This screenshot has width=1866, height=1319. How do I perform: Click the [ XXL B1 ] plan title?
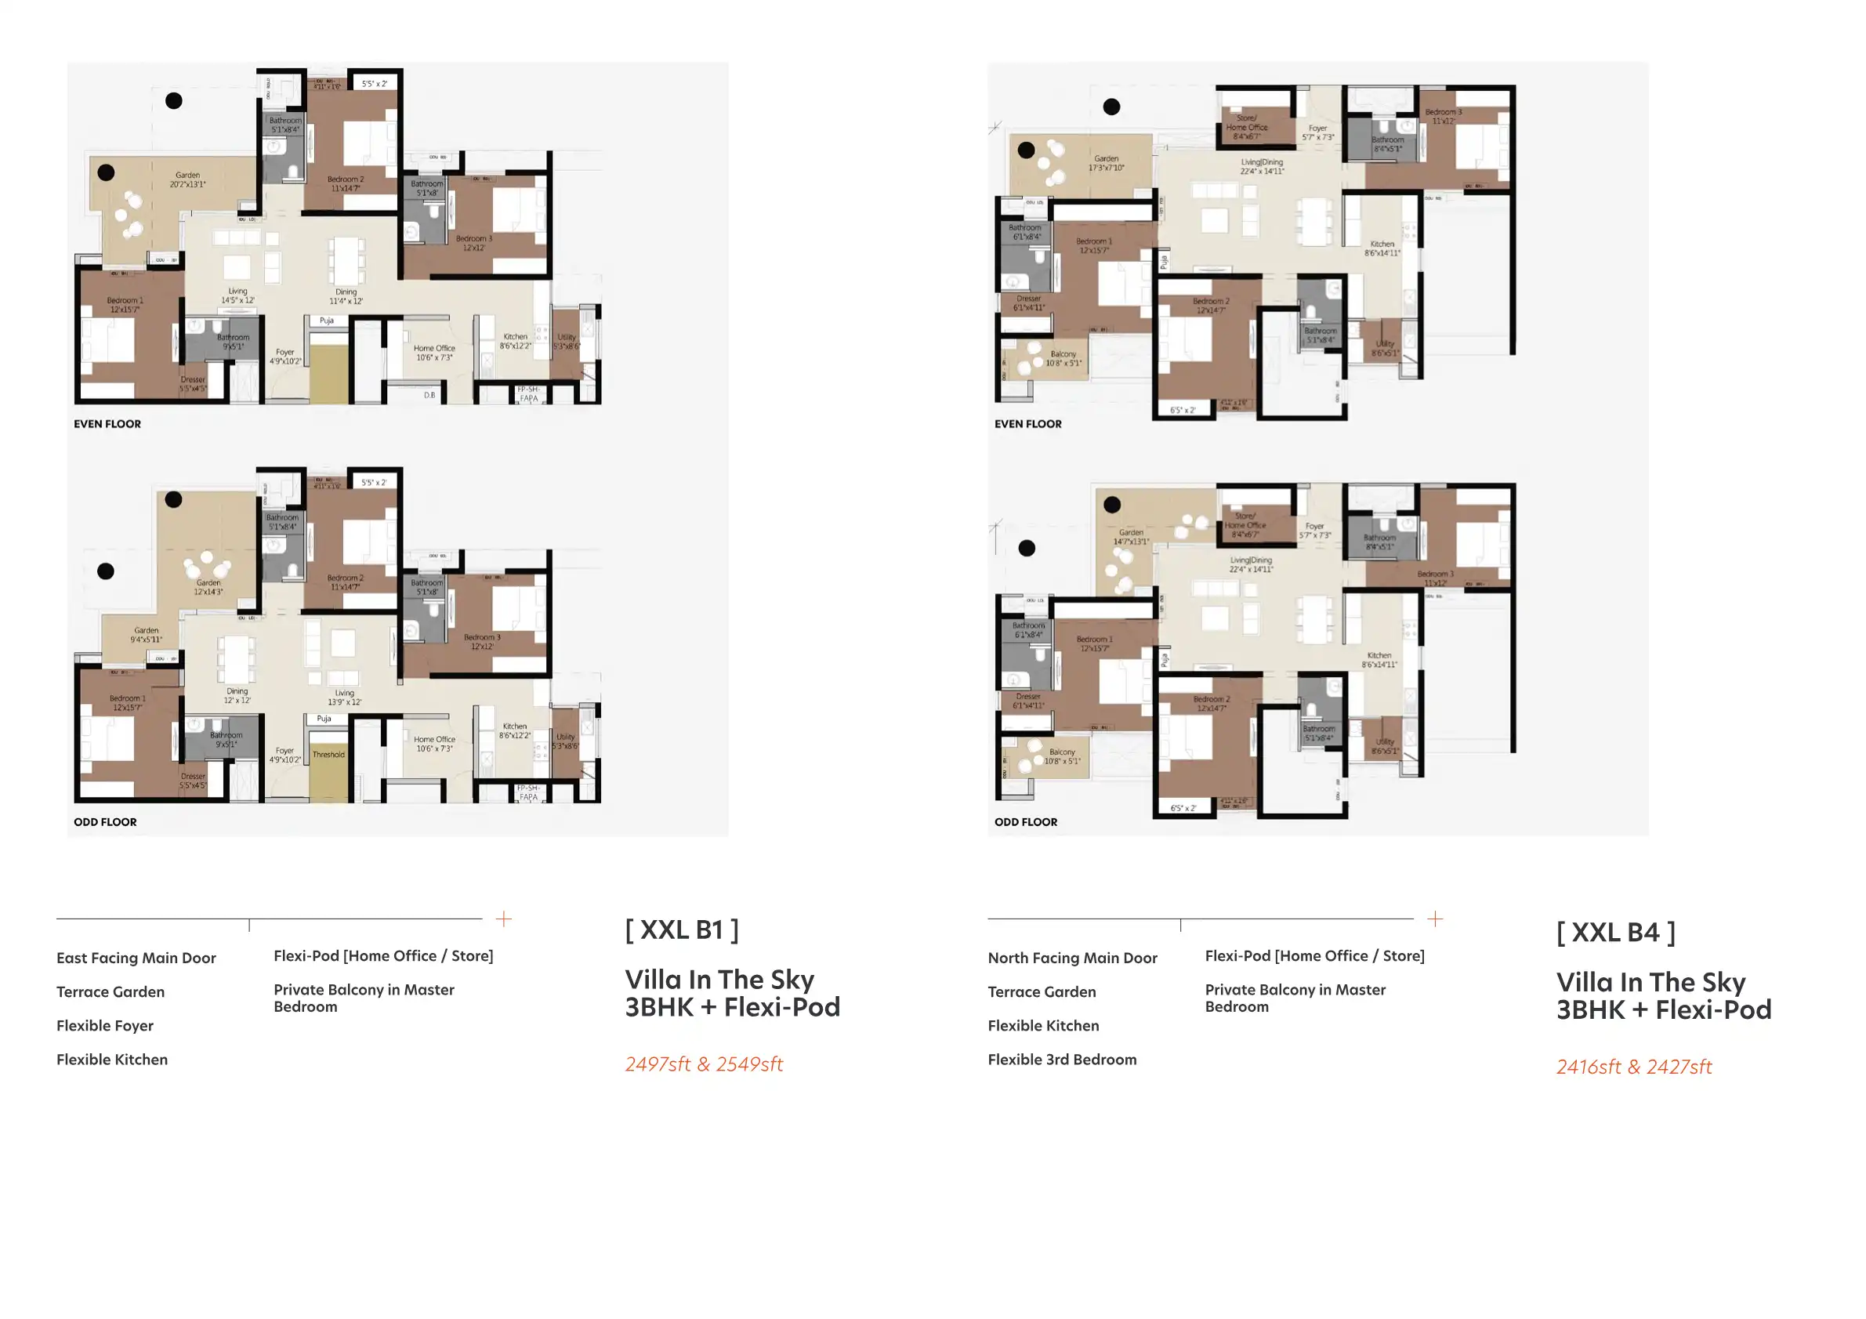click(x=681, y=929)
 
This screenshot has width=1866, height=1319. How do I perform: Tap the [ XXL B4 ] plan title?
click(x=1615, y=932)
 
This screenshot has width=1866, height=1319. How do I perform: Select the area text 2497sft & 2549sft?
click(x=703, y=1064)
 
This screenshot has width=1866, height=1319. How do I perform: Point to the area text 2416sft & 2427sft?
click(x=1633, y=1067)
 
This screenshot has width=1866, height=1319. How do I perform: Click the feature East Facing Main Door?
click(x=136, y=958)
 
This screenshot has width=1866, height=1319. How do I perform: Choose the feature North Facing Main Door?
click(x=1072, y=958)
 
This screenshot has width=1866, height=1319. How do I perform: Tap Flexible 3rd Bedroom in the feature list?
click(x=1061, y=1060)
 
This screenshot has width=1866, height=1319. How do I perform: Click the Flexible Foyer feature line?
click(x=105, y=1026)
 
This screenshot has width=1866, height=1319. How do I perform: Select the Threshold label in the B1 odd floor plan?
click(x=328, y=754)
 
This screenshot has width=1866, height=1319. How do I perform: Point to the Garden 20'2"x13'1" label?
click(x=188, y=179)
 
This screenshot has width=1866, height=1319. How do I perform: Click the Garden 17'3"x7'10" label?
click(x=1106, y=163)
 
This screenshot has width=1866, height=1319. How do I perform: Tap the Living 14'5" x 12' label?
click(x=237, y=295)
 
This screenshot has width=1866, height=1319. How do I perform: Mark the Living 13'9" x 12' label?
click(x=345, y=698)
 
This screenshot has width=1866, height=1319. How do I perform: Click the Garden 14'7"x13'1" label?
click(x=1130, y=536)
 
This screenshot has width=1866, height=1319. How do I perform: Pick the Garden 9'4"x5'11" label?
click(x=147, y=635)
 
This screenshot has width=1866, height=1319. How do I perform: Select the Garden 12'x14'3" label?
click(x=208, y=587)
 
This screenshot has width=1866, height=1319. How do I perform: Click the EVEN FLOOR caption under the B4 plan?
click(x=1027, y=424)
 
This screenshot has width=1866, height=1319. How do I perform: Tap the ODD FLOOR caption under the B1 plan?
click(x=105, y=821)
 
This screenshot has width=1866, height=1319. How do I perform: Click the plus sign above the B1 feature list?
click(x=504, y=919)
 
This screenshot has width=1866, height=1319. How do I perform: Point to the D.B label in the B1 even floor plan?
click(x=429, y=395)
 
